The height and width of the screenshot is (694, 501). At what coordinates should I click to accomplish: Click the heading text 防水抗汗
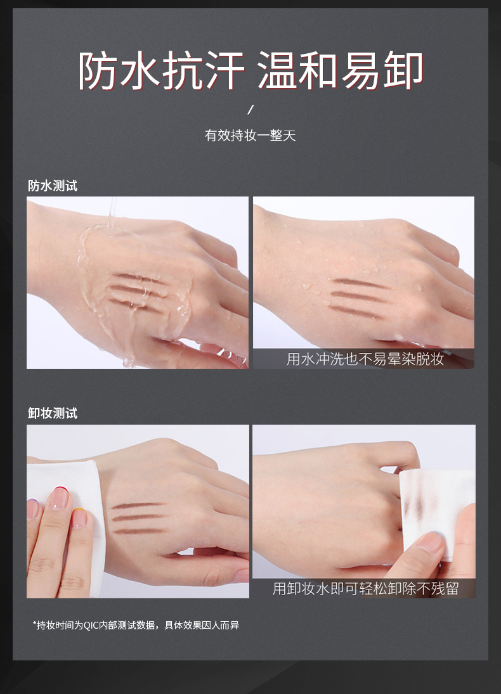click(162, 71)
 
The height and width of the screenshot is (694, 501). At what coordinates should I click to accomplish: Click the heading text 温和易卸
click(341, 71)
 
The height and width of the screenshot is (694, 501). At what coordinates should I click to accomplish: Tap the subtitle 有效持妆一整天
click(250, 136)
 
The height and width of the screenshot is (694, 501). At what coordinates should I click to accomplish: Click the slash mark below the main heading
click(250, 110)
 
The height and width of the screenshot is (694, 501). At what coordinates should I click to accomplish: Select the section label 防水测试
click(53, 186)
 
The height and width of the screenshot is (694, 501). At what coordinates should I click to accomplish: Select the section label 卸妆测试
click(53, 413)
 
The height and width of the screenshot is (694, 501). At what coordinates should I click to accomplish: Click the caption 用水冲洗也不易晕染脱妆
click(365, 359)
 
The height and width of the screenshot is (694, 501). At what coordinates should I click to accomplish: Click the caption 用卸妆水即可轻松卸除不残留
click(365, 588)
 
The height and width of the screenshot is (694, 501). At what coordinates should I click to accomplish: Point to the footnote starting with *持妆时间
click(136, 625)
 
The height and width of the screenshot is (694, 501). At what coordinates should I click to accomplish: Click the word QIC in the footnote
click(92, 625)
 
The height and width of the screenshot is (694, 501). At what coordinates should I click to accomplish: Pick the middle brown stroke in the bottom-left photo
click(138, 517)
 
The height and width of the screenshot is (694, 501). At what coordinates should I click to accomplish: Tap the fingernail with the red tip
click(58, 498)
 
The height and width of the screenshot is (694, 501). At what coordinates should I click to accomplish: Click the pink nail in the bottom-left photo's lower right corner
click(242, 575)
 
